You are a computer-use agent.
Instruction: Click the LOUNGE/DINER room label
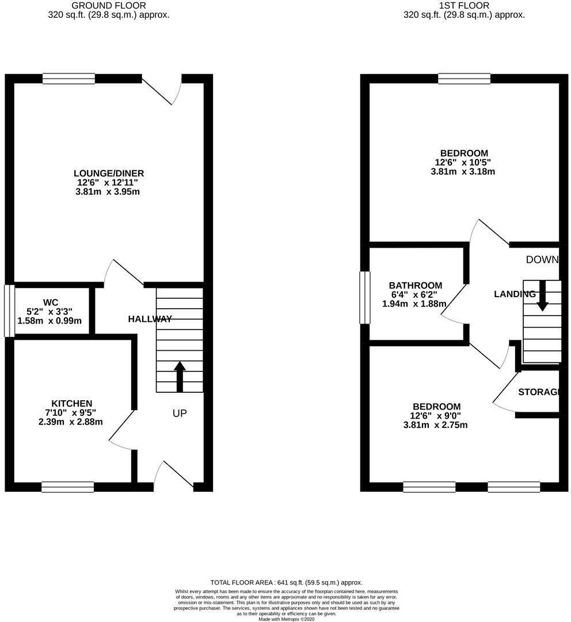point(108,173)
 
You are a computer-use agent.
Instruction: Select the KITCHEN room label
point(72,403)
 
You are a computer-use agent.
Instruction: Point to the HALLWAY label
point(150,318)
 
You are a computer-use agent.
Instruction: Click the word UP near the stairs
point(180,413)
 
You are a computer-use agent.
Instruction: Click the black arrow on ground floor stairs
point(180,376)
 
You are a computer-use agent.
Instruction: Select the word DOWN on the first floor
point(542,260)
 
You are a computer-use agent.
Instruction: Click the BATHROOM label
point(416,285)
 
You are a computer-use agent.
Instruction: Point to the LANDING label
point(515,294)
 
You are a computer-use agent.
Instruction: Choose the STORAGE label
point(539,392)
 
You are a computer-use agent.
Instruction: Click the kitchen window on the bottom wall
point(67,487)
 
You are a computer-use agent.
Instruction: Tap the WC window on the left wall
point(9,311)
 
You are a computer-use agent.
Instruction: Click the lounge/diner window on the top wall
point(68,79)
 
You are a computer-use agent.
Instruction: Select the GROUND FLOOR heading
point(108,6)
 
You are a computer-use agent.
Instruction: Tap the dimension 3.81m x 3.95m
point(108,192)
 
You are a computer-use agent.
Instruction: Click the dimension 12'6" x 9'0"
point(435,416)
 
